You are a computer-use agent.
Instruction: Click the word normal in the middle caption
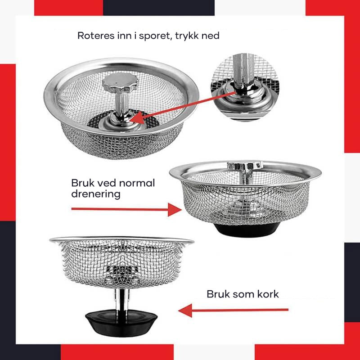coord(137,183)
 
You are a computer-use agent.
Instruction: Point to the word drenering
coord(96,194)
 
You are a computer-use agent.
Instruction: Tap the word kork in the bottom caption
coord(268,294)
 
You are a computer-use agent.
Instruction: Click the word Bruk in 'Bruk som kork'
coord(217,294)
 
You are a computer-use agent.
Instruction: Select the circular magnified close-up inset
coord(245,87)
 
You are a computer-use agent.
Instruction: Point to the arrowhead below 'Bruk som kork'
coord(185,310)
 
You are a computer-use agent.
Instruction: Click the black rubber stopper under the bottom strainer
coord(121,322)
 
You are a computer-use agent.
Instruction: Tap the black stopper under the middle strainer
coord(247,230)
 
